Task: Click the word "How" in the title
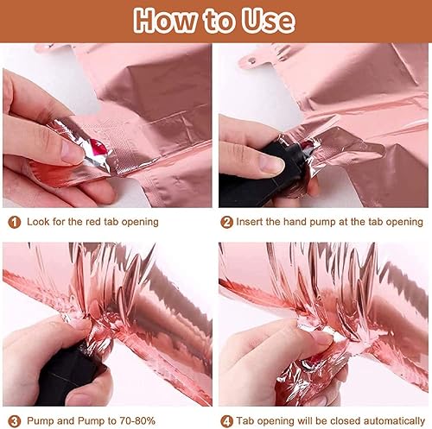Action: click(x=164, y=20)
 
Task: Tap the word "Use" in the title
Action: click(x=268, y=20)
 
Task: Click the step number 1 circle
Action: click(x=15, y=223)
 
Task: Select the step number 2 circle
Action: click(x=226, y=223)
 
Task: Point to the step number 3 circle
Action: click(x=15, y=421)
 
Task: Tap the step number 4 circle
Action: click(x=226, y=421)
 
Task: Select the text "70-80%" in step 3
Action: click(x=137, y=420)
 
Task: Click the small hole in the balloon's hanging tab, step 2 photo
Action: click(x=252, y=60)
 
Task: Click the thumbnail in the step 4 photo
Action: click(x=322, y=338)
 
